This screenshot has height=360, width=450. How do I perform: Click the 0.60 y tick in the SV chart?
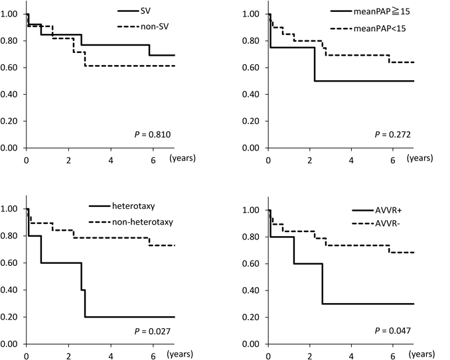(11, 68)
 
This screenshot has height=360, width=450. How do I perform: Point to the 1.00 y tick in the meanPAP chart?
(253, 14)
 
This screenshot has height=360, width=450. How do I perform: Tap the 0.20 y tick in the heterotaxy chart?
(11, 317)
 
